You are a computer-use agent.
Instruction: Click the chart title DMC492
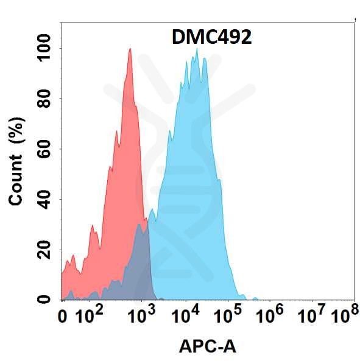tap(209, 38)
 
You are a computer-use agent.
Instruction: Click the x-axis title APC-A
tap(207, 346)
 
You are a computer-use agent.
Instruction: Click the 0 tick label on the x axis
tap(62, 316)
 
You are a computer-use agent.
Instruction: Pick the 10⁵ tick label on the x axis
tap(232, 315)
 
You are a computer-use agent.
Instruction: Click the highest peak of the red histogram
tap(130, 49)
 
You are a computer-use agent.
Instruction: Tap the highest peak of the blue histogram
tap(196, 50)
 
